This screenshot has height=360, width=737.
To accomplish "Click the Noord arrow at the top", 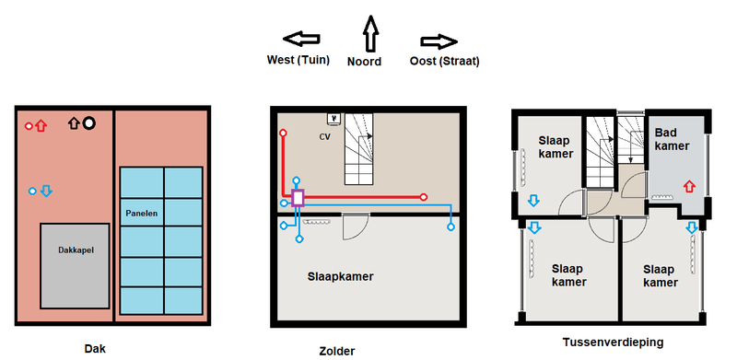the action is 371,33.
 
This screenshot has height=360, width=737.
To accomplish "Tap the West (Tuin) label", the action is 298,60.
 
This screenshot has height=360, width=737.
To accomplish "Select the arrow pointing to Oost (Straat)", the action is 439,41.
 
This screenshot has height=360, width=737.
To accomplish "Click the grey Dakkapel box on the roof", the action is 75,266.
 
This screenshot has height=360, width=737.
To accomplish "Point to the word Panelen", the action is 142,214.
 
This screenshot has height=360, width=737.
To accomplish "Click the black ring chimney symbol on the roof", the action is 88,123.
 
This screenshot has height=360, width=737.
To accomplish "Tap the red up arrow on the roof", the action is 41,125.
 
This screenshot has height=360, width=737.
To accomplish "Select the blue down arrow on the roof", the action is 46,191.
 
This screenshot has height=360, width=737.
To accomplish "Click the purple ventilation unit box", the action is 298,198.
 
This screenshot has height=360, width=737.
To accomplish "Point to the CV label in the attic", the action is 324,137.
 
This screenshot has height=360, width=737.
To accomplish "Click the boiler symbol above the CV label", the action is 334,120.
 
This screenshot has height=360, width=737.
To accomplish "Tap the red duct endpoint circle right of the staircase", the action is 424,197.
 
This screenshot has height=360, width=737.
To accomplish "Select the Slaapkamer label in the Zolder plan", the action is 340,276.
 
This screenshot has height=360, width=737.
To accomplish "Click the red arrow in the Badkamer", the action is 688,186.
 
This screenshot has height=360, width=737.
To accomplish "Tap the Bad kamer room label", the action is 672,139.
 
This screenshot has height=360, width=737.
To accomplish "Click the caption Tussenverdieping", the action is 613,343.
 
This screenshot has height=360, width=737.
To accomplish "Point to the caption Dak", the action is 95,349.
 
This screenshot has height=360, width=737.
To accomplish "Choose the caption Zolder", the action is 337,351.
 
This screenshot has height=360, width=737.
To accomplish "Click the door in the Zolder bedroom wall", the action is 355,226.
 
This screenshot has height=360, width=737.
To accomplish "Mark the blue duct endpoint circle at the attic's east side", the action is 450,227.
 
